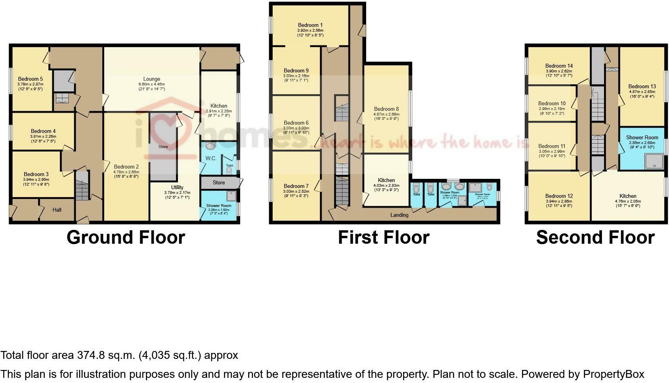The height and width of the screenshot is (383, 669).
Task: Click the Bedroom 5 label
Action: coord(31,79)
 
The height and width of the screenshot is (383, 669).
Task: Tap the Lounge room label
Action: coord(152,79)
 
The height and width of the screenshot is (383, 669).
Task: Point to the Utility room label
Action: coord(177,187)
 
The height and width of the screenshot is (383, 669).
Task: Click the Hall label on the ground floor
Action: coord(57,210)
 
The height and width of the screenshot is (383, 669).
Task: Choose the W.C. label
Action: coord(210,159)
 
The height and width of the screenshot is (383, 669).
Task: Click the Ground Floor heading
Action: coord(126,237)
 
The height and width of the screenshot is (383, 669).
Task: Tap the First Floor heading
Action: coord(383,237)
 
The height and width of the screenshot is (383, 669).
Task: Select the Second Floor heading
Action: coord(595,237)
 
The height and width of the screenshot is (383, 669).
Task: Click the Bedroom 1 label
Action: coord(310,25)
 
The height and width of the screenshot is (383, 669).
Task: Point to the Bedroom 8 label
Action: coord(386,109)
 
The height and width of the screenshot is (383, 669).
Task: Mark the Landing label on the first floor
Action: coord(399,215)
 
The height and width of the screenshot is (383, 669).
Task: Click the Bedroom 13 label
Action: coord(642,86)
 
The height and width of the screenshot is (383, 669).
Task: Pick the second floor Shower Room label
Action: coord(642,137)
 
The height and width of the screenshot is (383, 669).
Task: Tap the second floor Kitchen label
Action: coord(628,196)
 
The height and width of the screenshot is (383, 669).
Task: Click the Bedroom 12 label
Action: coord(559,196)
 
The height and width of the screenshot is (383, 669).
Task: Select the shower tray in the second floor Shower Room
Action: coord(654,161)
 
